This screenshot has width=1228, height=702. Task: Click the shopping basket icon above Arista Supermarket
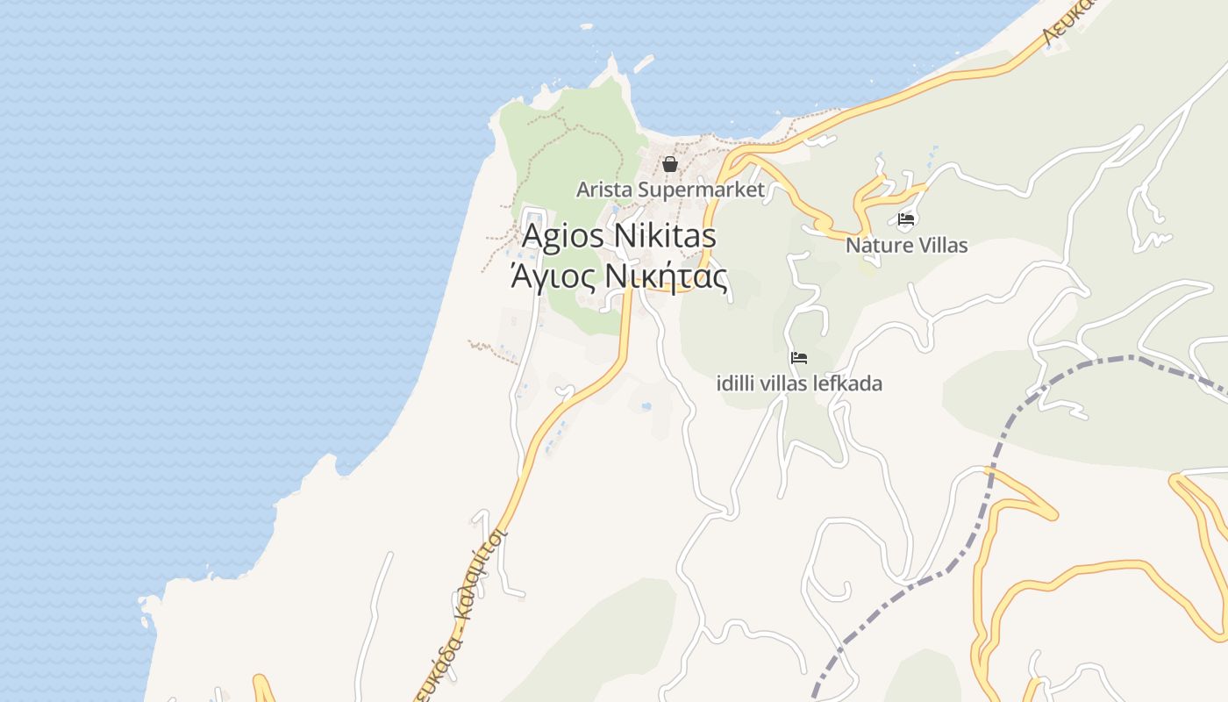pos(670,164)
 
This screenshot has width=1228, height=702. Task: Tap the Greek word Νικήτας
pos(668,277)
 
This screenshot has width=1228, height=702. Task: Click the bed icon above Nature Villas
pos(906,219)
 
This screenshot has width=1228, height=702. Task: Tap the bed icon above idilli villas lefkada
pos(799,358)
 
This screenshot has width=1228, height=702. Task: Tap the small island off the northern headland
pos(644,63)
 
